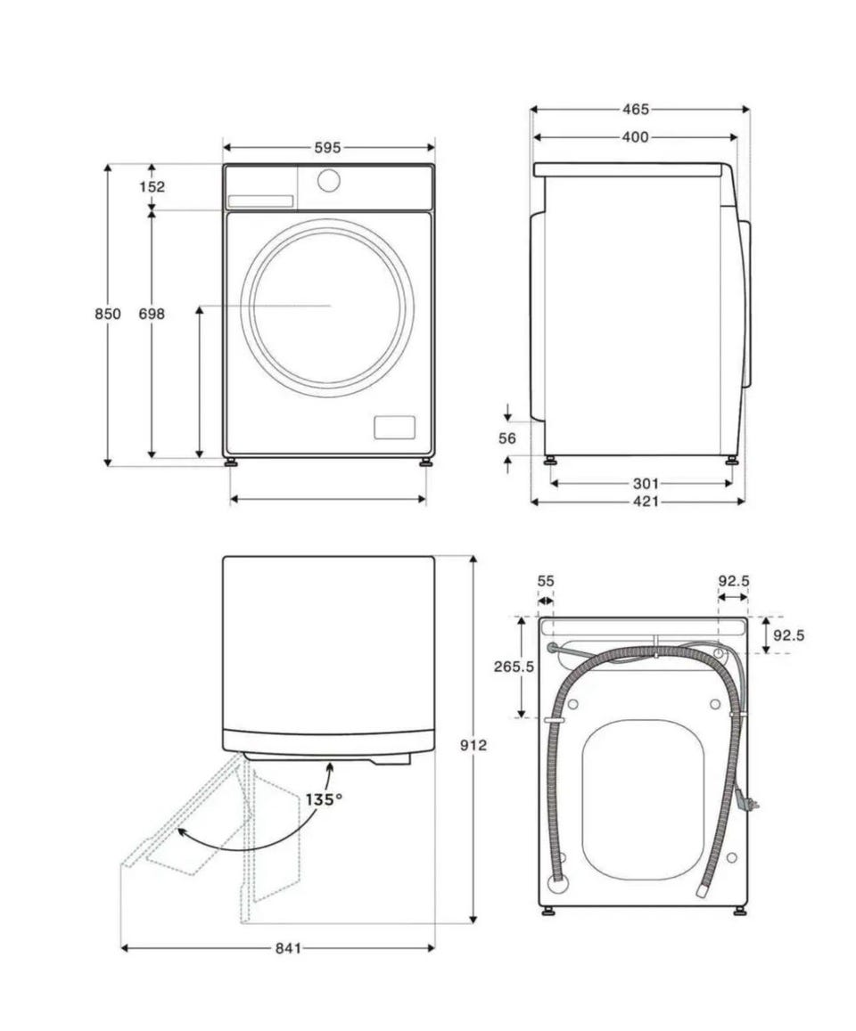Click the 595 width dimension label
327,148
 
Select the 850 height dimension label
108,314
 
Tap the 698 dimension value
152,314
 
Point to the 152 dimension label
152,187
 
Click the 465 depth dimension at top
636,109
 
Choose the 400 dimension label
635,136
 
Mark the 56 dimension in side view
507,438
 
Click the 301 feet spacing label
646,484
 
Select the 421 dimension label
646,502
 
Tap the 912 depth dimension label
473,745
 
